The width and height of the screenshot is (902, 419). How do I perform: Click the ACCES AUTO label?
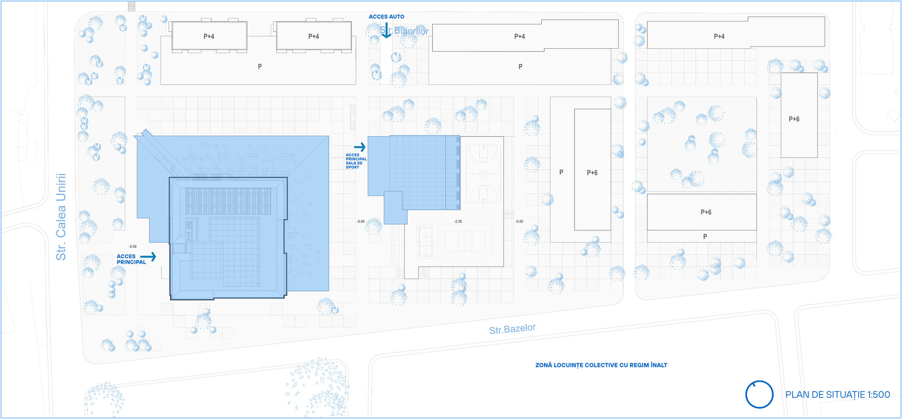point(386,17)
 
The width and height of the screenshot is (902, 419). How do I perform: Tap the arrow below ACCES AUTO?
point(386,31)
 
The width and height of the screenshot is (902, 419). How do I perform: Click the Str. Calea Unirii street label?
point(61,217)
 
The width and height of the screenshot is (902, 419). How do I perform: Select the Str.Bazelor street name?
point(512,329)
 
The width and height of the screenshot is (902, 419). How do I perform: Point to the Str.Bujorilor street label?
point(404,31)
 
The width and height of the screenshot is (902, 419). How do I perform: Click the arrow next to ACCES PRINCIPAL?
point(148,257)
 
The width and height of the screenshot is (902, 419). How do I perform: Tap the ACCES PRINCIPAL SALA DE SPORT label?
point(356,161)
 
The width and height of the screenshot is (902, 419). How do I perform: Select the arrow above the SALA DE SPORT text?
point(360,147)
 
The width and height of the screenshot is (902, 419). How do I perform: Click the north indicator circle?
point(759,394)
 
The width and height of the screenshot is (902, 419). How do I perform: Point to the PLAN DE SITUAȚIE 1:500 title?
point(838,395)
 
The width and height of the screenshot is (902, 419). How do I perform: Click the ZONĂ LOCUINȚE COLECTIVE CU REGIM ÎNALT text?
point(601,365)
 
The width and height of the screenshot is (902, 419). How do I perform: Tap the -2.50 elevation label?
point(458,221)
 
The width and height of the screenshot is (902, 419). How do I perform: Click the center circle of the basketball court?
point(483,174)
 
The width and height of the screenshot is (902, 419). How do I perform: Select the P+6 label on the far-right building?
point(794,119)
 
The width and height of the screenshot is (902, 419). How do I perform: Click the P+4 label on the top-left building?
point(209,36)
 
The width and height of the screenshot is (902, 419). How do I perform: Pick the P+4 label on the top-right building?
point(719,36)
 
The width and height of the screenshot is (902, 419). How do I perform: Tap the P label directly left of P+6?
point(561,173)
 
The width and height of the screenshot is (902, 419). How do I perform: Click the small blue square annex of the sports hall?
point(395,207)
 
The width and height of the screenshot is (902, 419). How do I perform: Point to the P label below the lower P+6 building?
point(705,237)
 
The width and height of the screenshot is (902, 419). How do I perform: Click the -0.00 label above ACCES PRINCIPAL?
point(133,246)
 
